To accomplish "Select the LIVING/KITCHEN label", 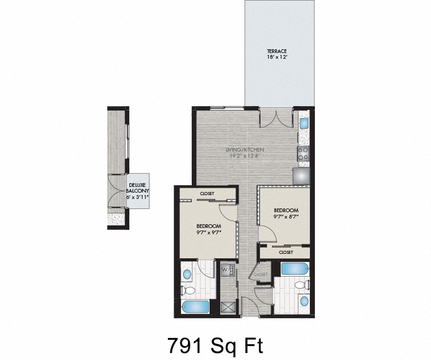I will coord(245,150).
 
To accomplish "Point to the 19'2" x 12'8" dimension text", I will coord(245,156).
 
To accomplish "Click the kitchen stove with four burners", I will coord(303,152).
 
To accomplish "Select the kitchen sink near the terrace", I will coord(303,124).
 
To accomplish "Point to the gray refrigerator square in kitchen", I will coord(302,174).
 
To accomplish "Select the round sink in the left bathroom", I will coord(187,275).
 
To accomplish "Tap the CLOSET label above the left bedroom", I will coord(206,193).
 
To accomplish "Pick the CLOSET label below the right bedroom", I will coord(285,252).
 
